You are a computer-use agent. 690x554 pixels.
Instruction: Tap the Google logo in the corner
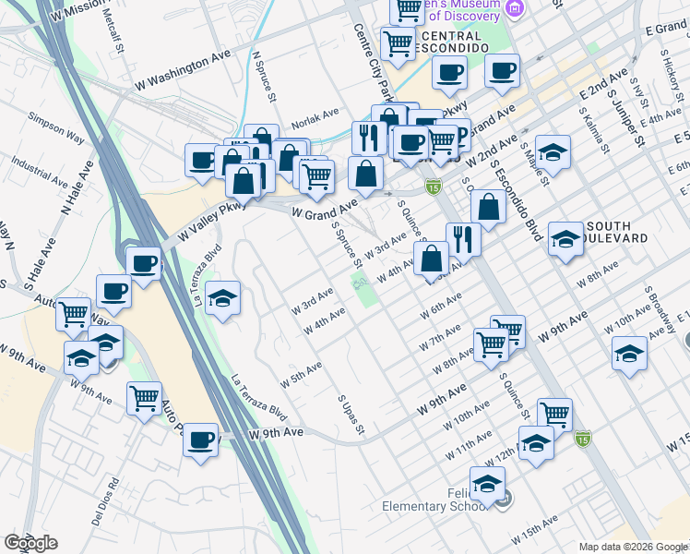[30, 543]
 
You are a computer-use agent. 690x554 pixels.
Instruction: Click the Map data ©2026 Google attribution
[632, 547]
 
